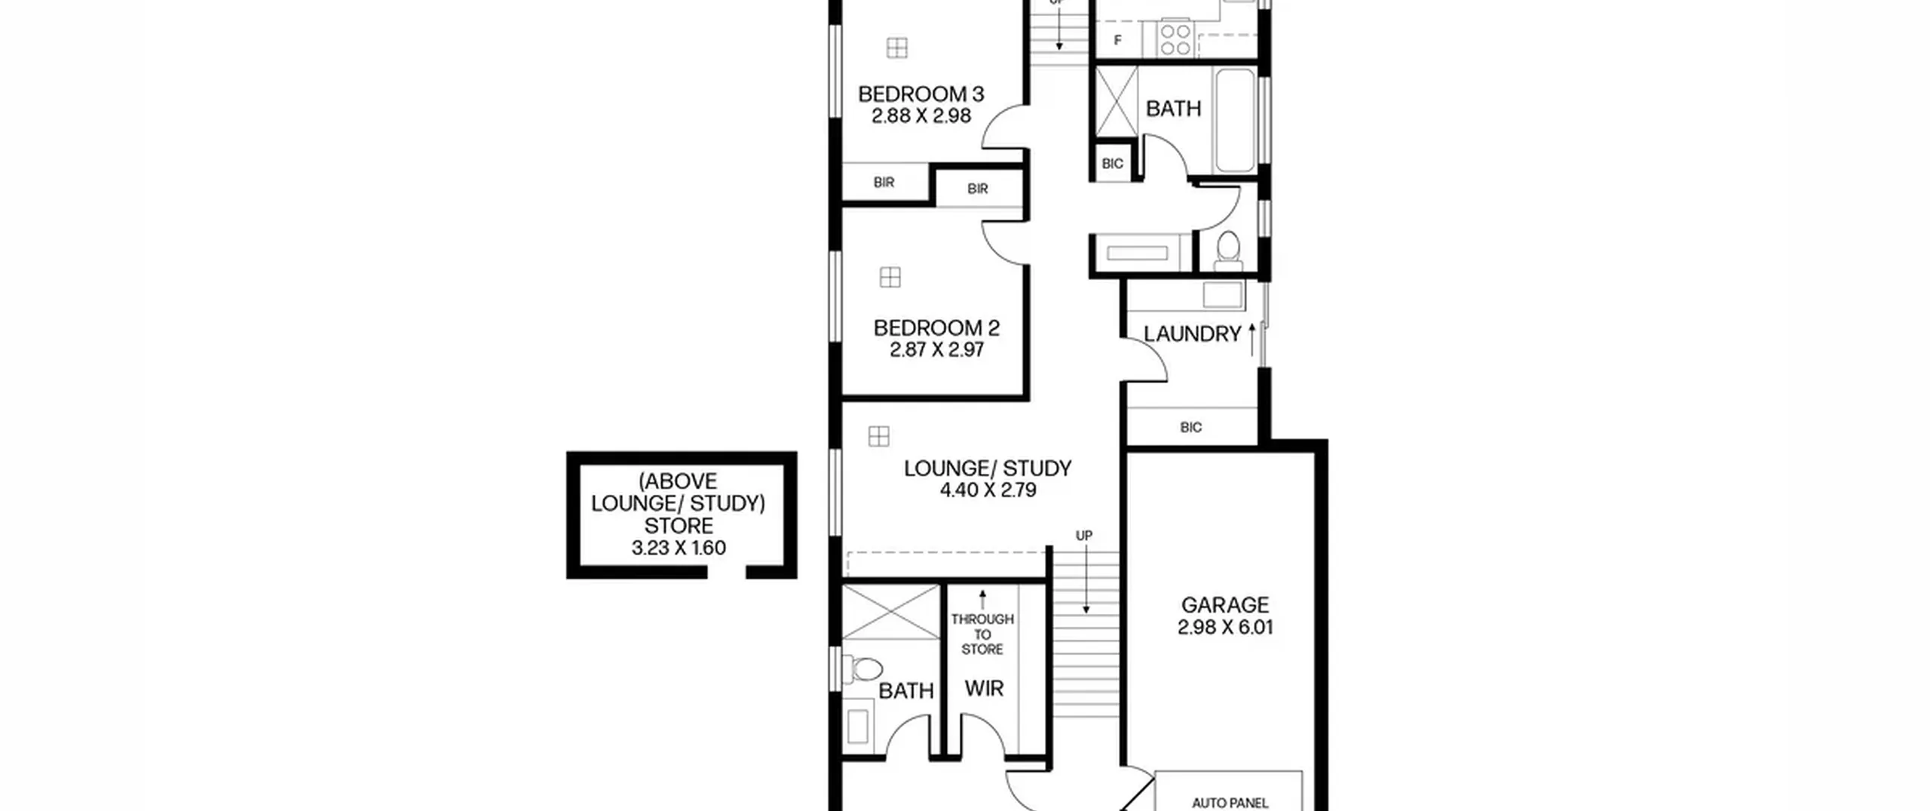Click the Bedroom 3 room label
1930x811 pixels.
click(921, 94)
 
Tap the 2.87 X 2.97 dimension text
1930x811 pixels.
click(936, 350)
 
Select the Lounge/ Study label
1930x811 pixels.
click(988, 468)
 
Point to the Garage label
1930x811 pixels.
click(1225, 605)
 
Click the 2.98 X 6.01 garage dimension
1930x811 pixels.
click(1225, 627)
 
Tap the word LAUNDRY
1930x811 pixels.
click(1192, 334)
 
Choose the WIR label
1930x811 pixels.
click(985, 688)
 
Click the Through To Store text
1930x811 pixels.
click(982, 634)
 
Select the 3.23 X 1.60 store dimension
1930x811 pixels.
click(679, 548)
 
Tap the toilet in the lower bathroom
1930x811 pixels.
click(863, 668)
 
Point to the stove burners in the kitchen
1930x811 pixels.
click(1175, 40)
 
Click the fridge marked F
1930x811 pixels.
click(1118, 40)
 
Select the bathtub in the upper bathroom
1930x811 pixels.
click(1235, 121)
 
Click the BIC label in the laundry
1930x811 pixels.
click(1191, 428)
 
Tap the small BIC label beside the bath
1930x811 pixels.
click(1113, 164)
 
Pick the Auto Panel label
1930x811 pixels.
click(1230, 803)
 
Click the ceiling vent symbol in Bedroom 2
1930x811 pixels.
click(890, 277)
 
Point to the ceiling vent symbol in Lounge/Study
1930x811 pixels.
click(878, 436)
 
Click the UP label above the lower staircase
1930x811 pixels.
click(1084, 536)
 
